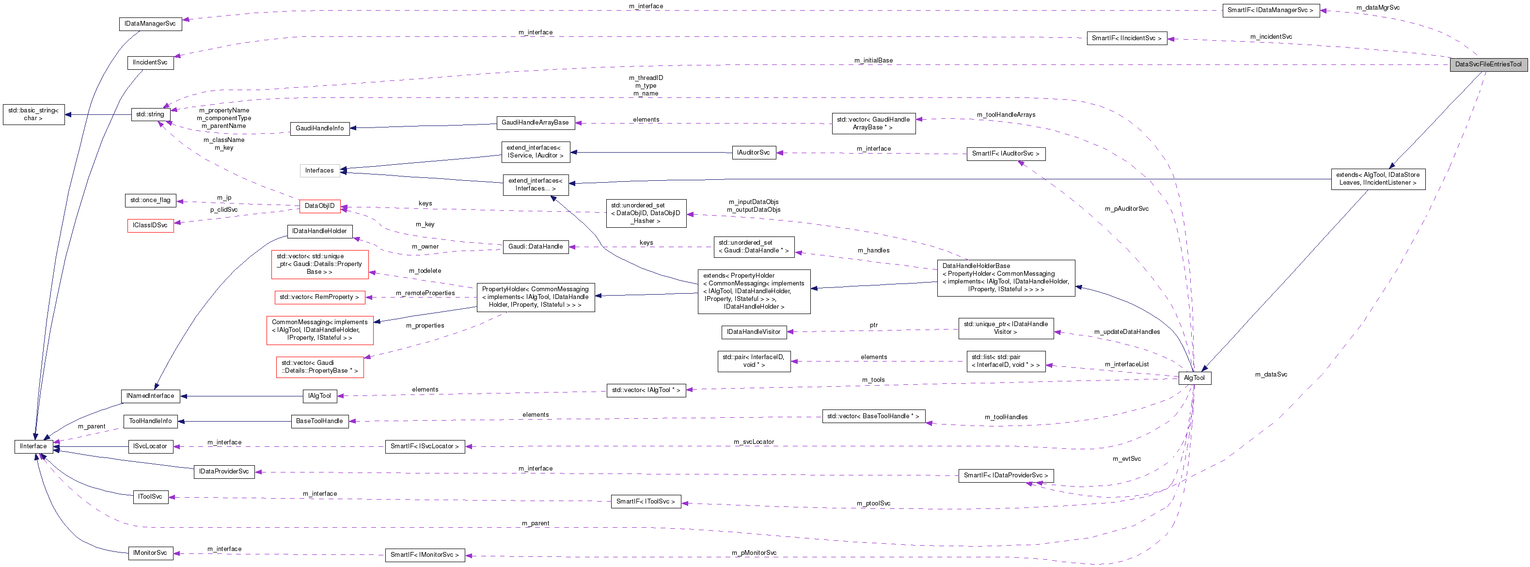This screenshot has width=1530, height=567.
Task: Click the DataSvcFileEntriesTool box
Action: point(1488,64)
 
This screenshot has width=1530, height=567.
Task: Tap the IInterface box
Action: point(33,446)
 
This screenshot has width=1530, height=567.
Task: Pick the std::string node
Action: point(150,114)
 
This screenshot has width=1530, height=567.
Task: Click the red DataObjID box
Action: point(319,206)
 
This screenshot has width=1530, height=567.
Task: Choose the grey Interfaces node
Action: point(319,171)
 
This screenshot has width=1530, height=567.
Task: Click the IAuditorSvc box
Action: point(753,153)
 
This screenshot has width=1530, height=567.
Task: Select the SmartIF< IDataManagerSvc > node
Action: point(1270,10)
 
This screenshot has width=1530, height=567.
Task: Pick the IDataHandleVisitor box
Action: point(753,332)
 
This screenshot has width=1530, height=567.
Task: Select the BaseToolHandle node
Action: point(319,422)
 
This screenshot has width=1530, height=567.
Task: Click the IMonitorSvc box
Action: point(150,553)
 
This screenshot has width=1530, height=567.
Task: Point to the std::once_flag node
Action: point(150,200)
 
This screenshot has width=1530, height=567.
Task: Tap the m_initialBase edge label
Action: point(873,61)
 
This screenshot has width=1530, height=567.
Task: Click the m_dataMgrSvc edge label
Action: point(1377,8)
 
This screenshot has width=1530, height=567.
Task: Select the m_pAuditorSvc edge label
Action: point(1126,209)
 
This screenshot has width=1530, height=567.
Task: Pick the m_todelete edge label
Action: point(425,271)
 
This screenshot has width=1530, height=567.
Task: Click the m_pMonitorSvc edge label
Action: point(754,553)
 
